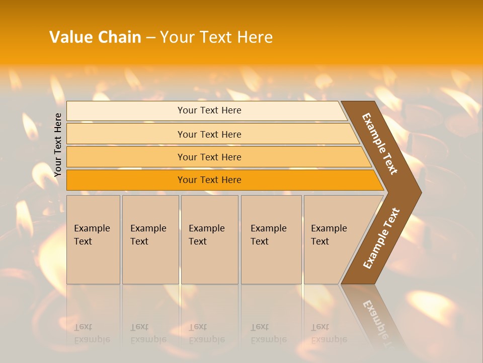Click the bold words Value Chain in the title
pos(95,37)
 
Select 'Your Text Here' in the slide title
pos(216,37)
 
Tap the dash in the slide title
pos(150,38)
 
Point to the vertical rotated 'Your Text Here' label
pos(58,145)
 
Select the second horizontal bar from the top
pos(209,134)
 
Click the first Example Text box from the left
pos(93,239)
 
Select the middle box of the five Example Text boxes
pos(209,239)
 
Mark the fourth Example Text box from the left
pos(271,239)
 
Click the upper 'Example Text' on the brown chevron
pos(380,144)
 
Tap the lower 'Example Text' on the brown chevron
pos(381,238)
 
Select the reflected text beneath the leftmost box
pos(92,333)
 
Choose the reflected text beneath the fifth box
pos(329,333)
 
